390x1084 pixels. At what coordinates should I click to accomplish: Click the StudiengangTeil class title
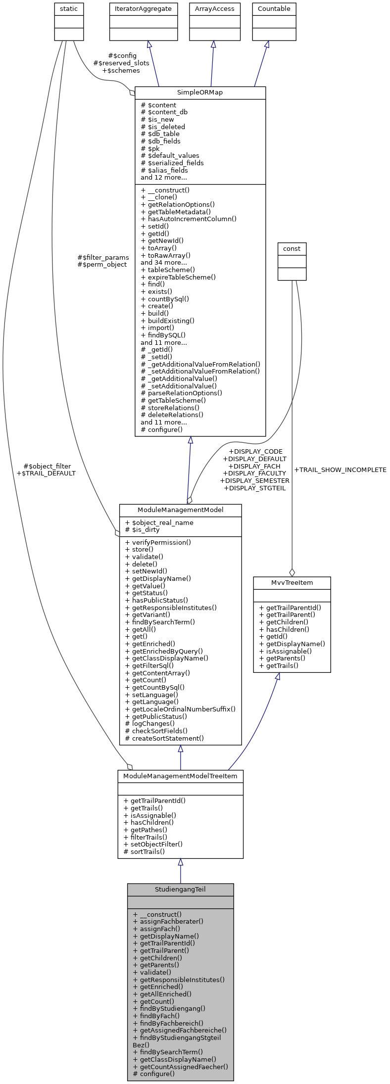point(180,889)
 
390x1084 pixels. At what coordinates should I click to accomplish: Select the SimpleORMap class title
point(200,93)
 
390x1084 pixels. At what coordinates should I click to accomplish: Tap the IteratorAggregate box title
point(143,9)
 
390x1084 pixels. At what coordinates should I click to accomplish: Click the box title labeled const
point(292,248)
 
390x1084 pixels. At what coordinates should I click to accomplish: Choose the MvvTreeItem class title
point(292,582)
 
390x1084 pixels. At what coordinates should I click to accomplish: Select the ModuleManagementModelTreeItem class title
point(180,776)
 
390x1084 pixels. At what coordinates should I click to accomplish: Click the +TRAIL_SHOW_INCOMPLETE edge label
point(340,470)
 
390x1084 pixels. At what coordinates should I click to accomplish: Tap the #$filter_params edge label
point(103,257)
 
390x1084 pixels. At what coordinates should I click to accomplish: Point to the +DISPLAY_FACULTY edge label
point(254,473)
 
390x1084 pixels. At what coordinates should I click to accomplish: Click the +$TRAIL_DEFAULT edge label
point(46,473)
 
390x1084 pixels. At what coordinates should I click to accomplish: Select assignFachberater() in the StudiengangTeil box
point(168,921)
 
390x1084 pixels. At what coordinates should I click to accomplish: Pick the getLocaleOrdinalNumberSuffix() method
point(180,709)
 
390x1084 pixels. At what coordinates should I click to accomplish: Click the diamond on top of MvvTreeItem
point(292,572)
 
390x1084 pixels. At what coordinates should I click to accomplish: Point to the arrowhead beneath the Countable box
point(267,44)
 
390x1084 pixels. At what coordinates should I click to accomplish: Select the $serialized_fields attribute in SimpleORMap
point(172,163)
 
